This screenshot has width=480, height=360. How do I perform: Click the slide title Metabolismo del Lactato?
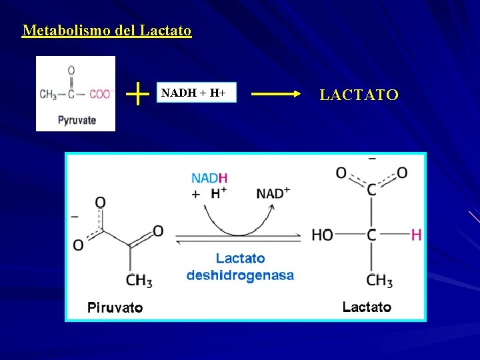click(x=107, y=31)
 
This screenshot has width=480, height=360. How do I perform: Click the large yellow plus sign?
click(x=137, y=94)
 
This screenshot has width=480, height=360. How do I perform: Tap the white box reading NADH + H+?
click(x=198, y=94)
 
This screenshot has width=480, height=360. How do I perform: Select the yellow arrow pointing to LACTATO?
click(x=276, y=95)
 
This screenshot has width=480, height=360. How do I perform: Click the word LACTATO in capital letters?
click(x=359, y=95)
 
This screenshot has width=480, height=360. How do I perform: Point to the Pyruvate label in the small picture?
click(x=77, y=120)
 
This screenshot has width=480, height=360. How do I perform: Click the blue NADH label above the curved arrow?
click(x=209, y=178)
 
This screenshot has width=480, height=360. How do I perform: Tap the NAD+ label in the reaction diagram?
click(x=273, y=193)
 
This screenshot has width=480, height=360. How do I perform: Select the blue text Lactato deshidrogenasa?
click(x=240, y=267)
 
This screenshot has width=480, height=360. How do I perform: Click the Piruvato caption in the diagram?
click(x=115, y=307)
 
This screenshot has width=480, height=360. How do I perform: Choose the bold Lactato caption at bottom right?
click(x=367, y=307)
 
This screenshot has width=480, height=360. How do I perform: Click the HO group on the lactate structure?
click(x=322, y=235)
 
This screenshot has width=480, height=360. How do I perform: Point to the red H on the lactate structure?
click(x=417, y=235)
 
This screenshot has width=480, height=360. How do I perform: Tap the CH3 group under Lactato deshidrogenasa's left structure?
click(x=139, y=281)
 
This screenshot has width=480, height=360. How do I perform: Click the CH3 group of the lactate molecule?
click(x=379, y=281)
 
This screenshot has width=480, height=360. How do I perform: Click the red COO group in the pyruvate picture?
click(x=100, y=95)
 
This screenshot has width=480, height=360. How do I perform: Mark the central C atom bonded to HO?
click(x=371, y=235)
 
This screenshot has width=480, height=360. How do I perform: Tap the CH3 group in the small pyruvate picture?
click(x=48, y=95)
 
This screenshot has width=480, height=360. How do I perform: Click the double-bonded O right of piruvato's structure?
click(x=158, y=231)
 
